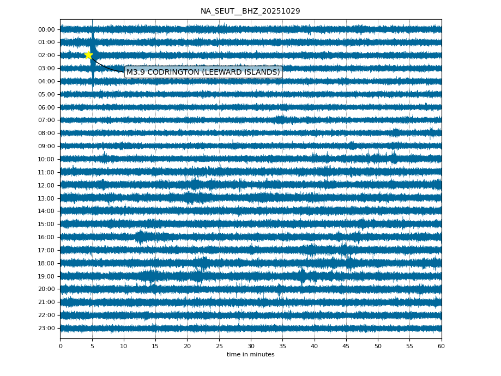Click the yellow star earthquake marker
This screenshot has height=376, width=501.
pyautogui.click(x=88, y=55)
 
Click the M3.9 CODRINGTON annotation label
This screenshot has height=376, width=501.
pyautogui.click(x=203, y=72)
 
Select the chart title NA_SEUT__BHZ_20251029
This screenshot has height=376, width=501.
pyautogui.click(x=250, y=11)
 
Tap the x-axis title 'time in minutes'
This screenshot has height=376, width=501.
pyautogui.click(x=250, y=355)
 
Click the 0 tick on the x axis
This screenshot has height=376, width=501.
pyautogui.click(x=61, y=346)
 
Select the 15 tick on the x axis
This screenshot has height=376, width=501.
pyautogui.click(x=155, y=346)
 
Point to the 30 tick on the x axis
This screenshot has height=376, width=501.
pyautogui.click(x=251, y=346)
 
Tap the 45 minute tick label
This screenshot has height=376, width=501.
pyautogui.click(x=346, y=346)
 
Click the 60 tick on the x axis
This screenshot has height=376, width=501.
pyautogui.click(x=441, y=346)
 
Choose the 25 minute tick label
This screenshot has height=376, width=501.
pyautogui.click(x=219, y=346)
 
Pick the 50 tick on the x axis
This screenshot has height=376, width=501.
pyautogui.click(x=378, y=346)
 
